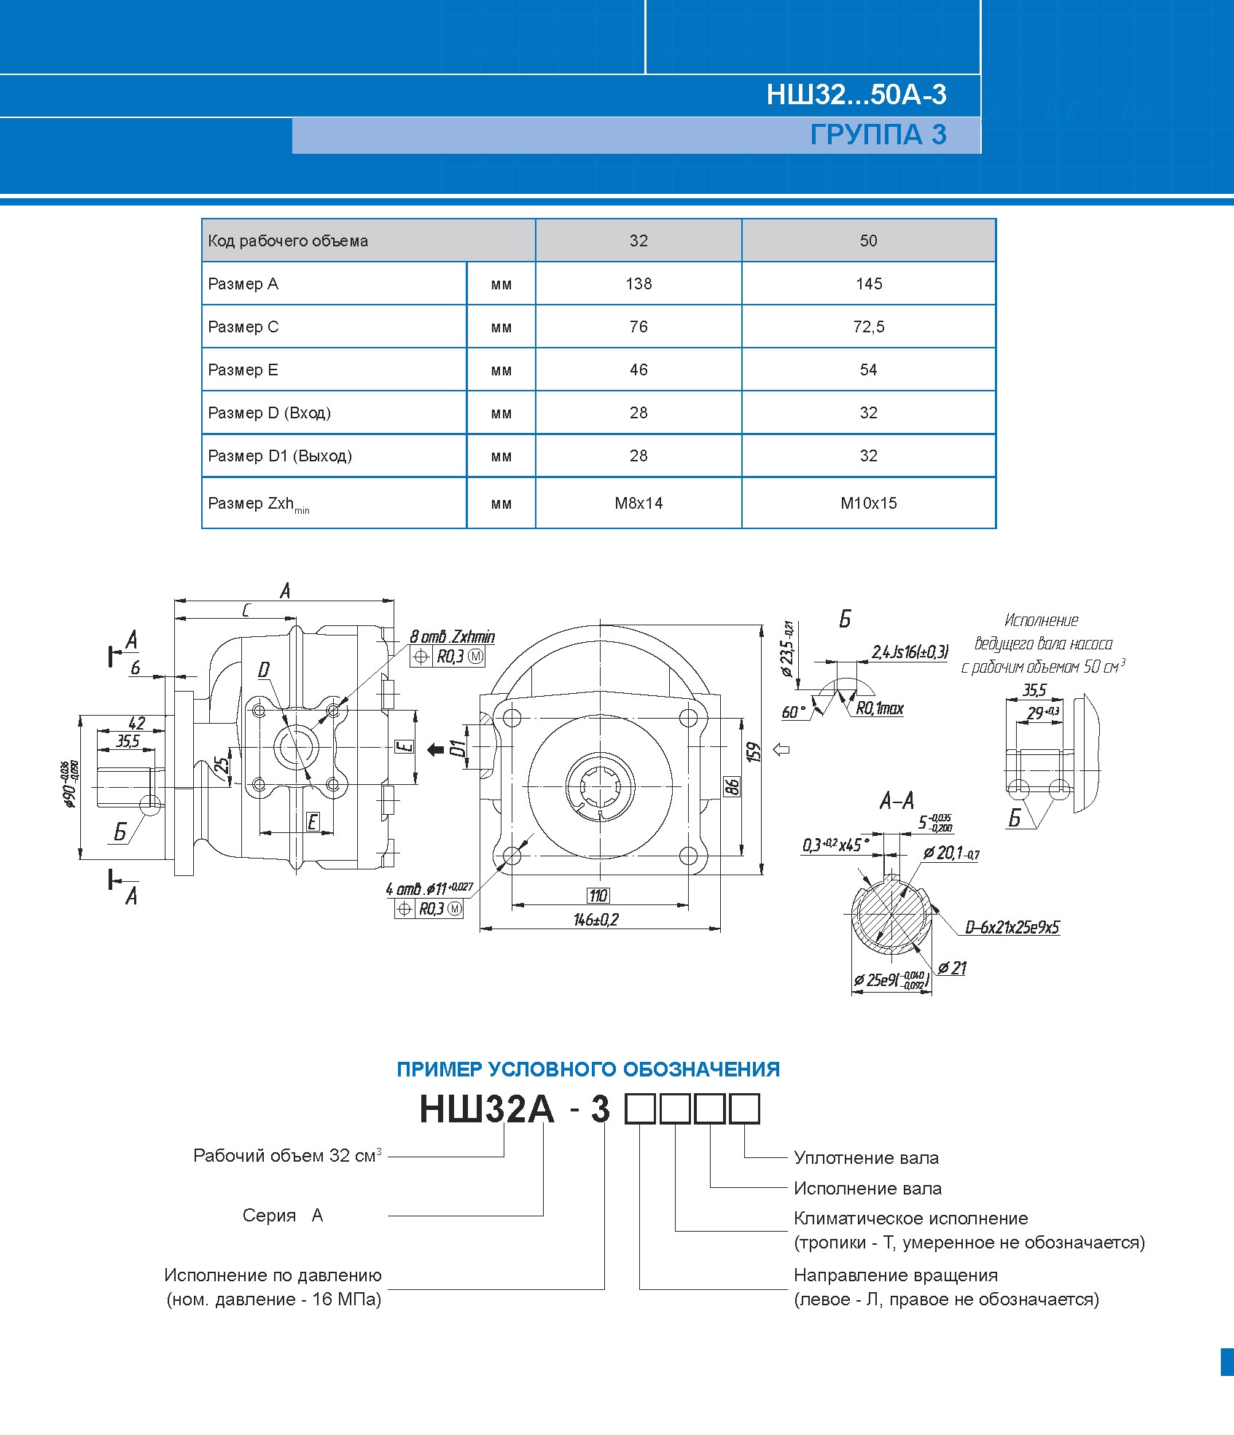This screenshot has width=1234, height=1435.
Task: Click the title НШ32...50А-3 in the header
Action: pos(856,95)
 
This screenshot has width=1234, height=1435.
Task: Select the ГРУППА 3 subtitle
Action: pos(878,135)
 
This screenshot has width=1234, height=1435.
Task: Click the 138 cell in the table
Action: pos(639,284)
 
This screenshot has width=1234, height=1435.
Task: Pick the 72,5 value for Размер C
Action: pos(868,327)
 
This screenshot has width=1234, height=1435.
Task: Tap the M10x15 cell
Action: pos(868,503)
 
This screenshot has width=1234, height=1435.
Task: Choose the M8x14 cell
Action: pos(639,503)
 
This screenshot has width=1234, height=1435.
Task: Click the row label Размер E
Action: pos(243,369)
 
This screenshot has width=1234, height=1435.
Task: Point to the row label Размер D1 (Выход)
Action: pos(280,455)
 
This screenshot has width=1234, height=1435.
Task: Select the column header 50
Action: pos(868,241)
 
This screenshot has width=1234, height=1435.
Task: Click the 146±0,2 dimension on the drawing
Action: pos(595,920)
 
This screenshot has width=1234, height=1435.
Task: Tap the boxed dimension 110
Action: pos(598,896)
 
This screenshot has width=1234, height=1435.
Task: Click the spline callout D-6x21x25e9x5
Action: pos(1012,927)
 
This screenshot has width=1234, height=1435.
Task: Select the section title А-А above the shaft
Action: pos(896,801)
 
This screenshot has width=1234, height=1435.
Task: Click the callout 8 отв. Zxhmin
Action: pos(452,636)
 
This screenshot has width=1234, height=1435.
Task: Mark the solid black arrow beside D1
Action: pos(435,749)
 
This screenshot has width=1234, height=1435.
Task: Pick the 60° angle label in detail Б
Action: pos(794,711)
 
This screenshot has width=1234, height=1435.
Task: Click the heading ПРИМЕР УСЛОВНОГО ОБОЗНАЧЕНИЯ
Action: pos(588,1069)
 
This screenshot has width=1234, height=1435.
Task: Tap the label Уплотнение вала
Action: pos(866,1157)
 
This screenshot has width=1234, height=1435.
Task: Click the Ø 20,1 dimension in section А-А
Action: pos(952,852)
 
